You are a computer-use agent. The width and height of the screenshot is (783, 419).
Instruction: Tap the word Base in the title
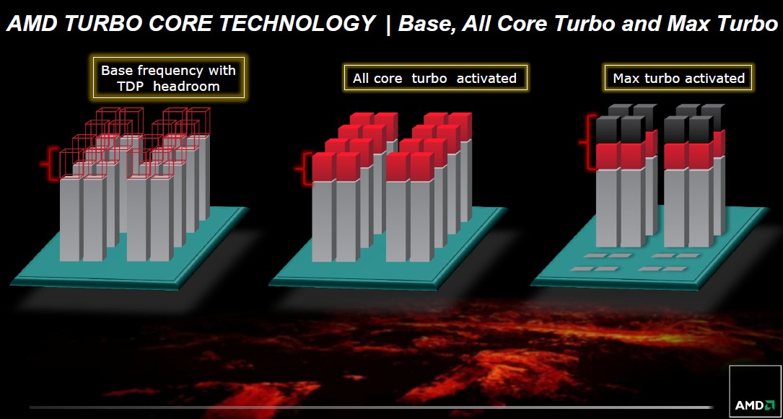click(x=426, y=24)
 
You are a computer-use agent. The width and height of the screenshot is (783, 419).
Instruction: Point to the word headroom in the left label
click(x=186, y=87)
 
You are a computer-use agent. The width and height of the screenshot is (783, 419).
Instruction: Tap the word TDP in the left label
click(x=130, y=87)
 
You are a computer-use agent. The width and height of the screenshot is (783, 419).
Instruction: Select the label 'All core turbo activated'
click(x=435, y=77)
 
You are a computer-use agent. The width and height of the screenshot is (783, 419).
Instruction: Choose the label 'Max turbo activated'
click(x=678, y=78)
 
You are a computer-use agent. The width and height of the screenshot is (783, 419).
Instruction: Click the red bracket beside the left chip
click(x=50, y=164)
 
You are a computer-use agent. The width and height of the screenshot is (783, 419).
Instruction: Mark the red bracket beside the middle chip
click(x=303, y=169)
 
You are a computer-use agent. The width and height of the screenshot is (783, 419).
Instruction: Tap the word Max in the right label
click(x=626, y=79)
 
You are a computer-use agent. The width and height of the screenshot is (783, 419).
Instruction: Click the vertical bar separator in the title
click(x=387, y=24)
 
